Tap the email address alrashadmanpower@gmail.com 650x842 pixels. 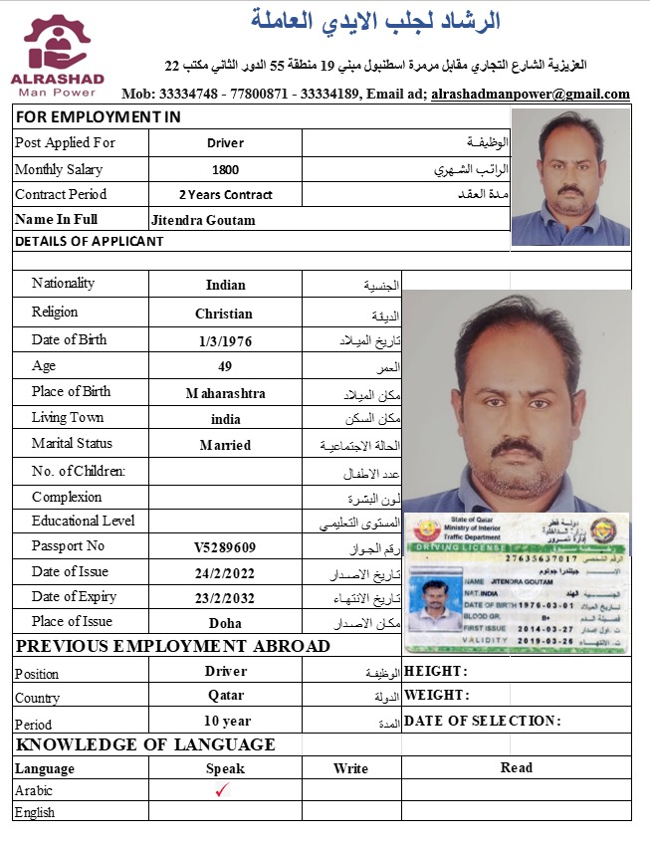coord(531,95)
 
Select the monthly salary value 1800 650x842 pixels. coord(225,170)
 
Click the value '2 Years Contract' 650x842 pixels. coord(225,195)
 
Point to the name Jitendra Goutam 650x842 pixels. coord(203,220)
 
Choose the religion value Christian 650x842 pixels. coord(224,314)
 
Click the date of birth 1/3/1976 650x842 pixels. coord(225,340)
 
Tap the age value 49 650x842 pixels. coord(225,366)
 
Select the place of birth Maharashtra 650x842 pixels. coord(225,393)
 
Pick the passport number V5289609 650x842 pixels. coord(225,547)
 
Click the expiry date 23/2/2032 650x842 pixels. coord(225,598)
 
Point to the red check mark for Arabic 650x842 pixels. coord(223,790)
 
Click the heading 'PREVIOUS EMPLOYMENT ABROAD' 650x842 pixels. coord(173,647)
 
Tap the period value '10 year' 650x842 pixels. coord(227,721)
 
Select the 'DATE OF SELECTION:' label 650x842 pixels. coord(483,721)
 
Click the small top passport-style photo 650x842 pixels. coord(570,176)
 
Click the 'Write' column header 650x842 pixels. coord(350,768)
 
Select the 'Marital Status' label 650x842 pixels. coord(72,444)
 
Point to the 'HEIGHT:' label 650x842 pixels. coord(436,671)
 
